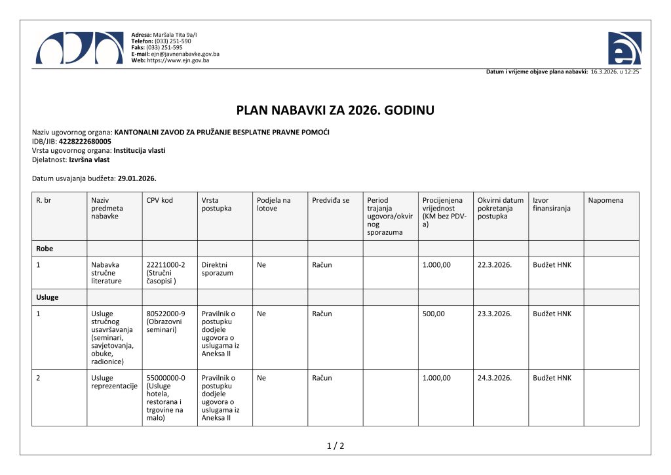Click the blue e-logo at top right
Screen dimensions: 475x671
[x=624, y=48]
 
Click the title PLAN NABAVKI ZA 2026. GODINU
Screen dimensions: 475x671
[x=335, y=110]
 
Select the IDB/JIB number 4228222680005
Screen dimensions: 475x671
[x=85, y=141]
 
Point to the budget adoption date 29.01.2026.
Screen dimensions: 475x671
[x=137, y=178]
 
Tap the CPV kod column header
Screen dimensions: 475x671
[x=160, y=200]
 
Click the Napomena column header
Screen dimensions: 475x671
[x=605, y=200]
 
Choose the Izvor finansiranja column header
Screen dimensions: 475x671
[x=551, y=204]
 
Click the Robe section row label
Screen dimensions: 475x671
[x=45, y=249]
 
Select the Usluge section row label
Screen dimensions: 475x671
[x=47, y=297]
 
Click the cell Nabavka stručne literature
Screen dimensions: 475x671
[x=105, y=273]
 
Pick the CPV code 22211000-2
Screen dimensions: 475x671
[x=166, y=265]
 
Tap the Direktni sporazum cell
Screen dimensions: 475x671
[x=218, y=269]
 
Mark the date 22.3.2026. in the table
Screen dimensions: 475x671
[x=495, y=265]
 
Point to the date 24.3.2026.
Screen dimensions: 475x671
[x=495, y=378]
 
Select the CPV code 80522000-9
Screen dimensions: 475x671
[x=166, y=314]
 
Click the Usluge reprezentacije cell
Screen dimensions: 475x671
[x=114, y=382]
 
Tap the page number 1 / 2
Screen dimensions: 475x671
[x=335, y=446]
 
